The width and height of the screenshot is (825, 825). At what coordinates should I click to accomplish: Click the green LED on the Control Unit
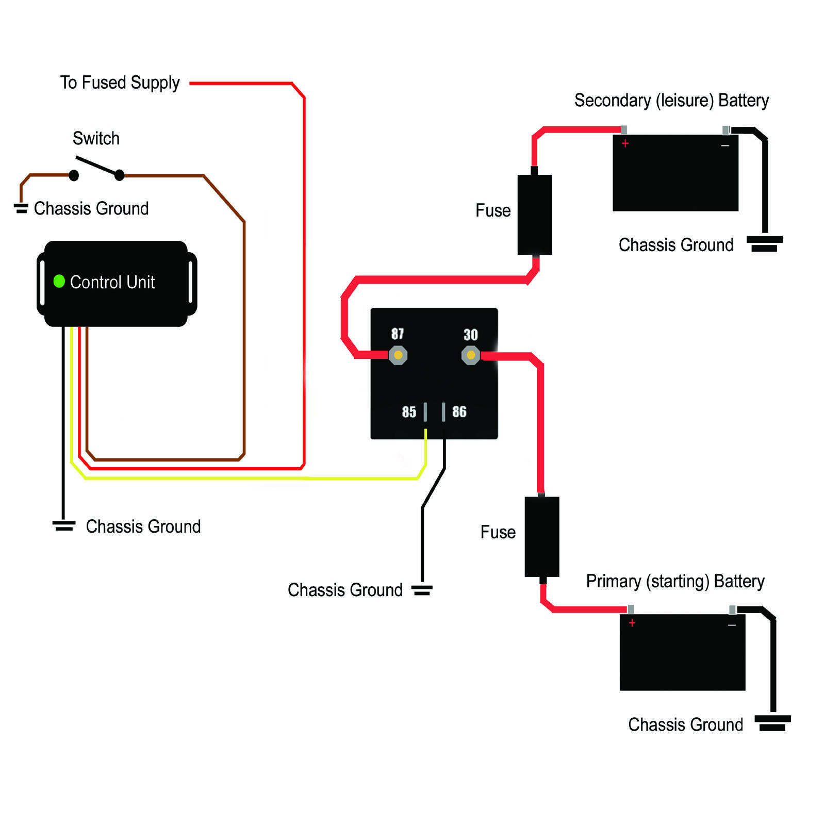59,281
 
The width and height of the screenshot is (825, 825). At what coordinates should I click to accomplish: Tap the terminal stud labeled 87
398,355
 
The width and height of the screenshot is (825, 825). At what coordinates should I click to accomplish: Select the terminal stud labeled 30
470,355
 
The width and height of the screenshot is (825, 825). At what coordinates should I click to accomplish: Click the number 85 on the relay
409,411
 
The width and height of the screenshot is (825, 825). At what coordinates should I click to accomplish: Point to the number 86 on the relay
459,411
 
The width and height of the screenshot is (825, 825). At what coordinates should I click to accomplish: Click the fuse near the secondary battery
535,214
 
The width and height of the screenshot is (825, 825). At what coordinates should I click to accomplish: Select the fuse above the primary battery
541,536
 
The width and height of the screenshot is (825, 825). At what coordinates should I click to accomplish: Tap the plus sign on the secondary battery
625,143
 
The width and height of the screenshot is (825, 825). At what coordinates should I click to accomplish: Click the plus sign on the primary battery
632,623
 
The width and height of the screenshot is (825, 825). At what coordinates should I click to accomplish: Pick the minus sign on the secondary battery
725,146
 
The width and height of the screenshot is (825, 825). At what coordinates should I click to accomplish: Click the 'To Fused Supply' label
120,82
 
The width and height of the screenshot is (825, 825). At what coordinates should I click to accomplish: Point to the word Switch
96,138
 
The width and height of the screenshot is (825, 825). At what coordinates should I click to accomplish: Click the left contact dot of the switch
74,175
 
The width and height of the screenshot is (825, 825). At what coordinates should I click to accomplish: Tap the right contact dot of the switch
119,175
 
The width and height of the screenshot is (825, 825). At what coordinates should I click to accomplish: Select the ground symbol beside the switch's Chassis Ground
21,208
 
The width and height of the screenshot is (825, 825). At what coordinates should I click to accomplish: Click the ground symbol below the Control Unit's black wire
63,525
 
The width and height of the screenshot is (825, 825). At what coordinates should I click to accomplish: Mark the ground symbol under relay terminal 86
422,590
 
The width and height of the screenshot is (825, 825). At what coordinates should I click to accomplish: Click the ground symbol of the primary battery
772,722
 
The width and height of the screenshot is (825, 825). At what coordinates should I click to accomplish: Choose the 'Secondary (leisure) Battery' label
671,100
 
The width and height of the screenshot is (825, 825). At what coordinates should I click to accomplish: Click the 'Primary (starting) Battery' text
675,581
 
